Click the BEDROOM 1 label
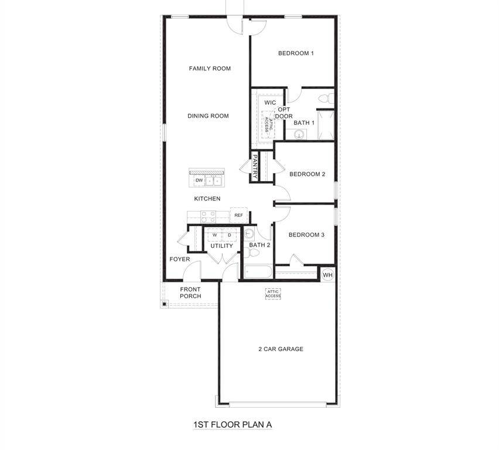coord(296,53)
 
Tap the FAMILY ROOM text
coord(210,69)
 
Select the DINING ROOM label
coord(208,116)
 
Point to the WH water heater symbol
coord(327,275)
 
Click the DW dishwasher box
coord(199,180)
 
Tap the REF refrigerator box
coord(238,216)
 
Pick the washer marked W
coord(214,235)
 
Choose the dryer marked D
coord(230,235)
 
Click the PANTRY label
coord(255,166)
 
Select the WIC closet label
coord(270,103)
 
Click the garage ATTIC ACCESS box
coord(274,294)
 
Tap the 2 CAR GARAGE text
coord(281,349)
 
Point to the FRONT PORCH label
coord(190,293)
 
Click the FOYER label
coord(180,259)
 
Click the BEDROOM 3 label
coord(306,235)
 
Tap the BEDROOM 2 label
coord(307,174)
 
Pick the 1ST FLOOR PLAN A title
coord(233,424)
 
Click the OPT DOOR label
coord(284,113)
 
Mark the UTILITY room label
coord(222,246)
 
